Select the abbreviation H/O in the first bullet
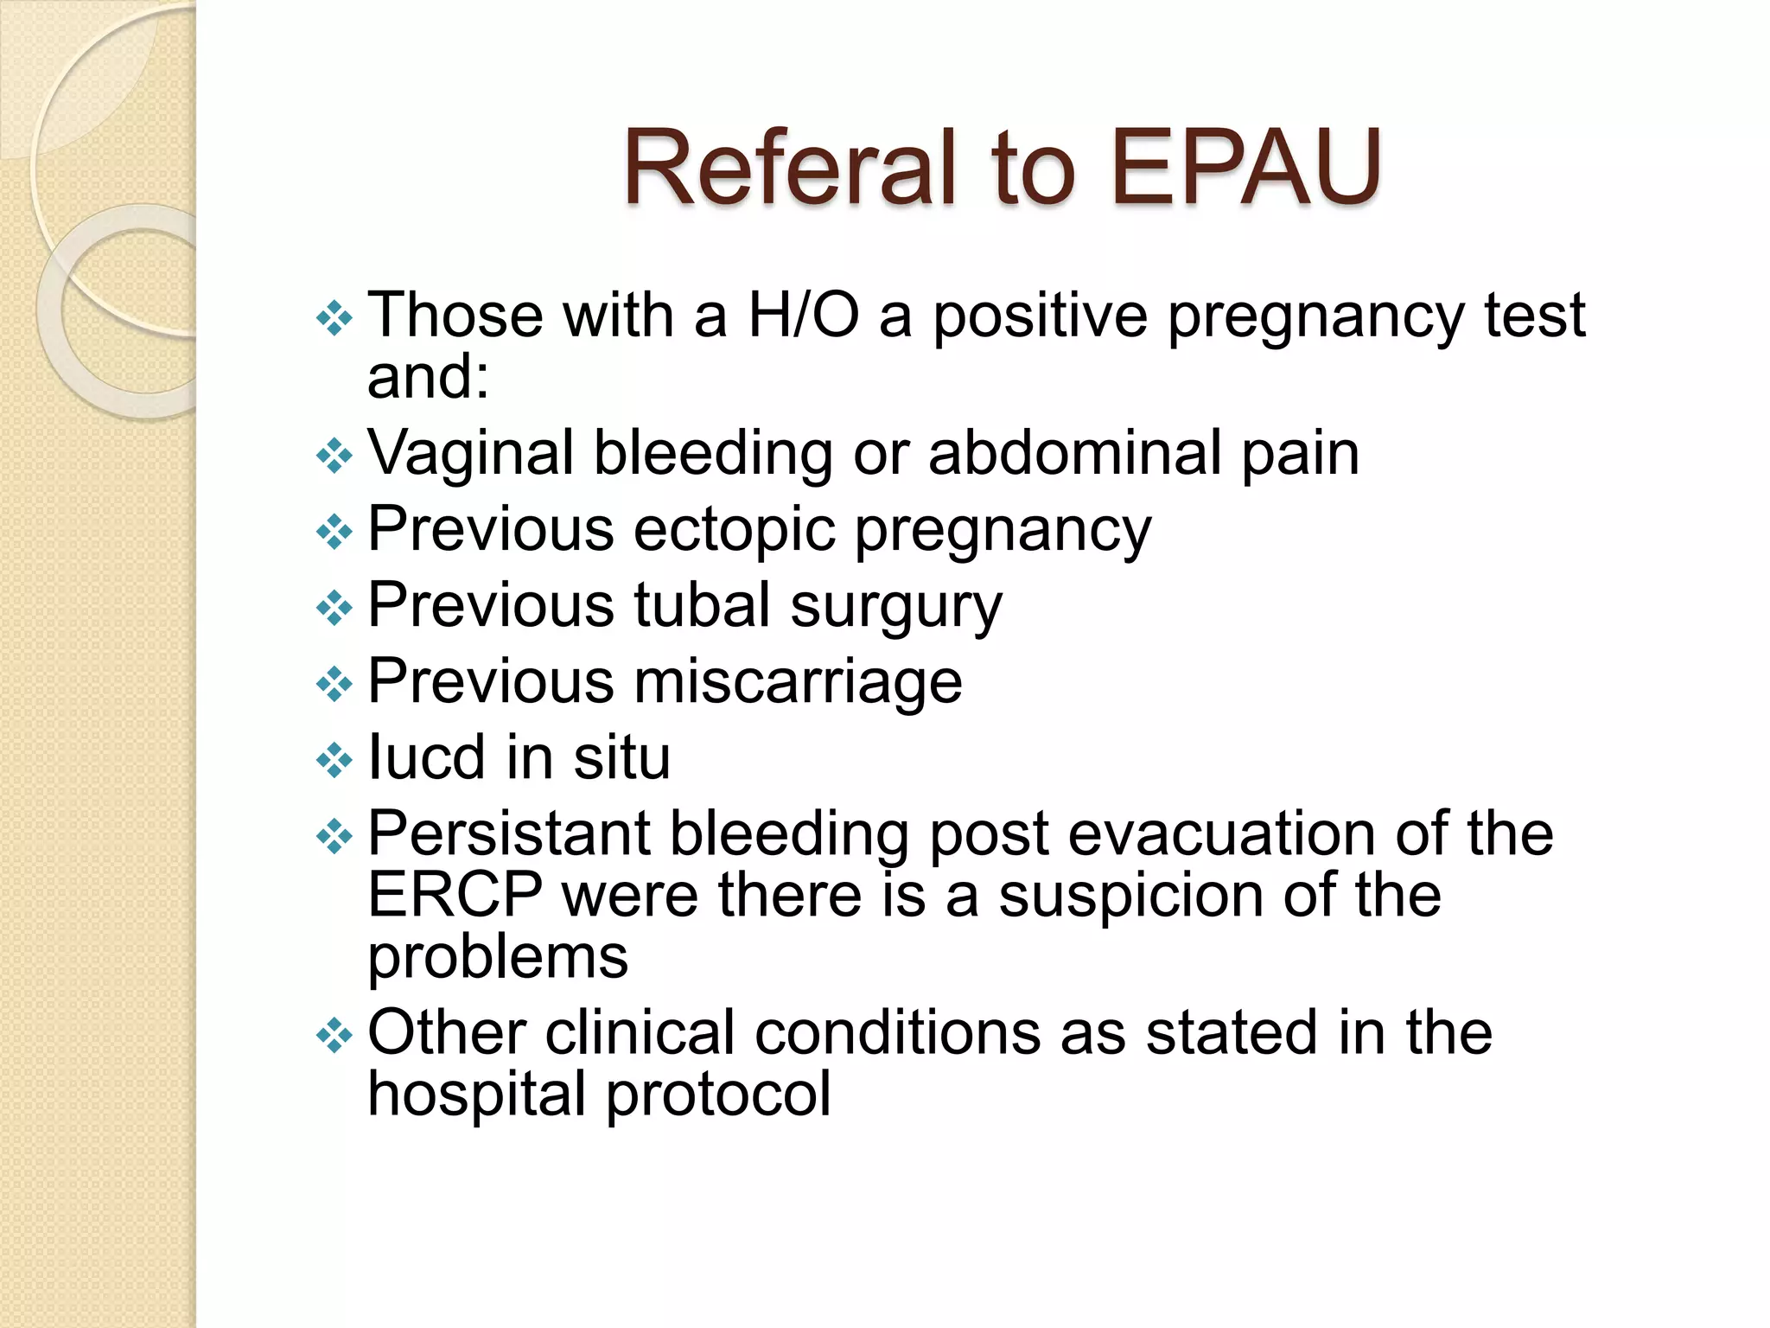click(x=803, y=315)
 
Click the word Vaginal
click(x=470, y=453)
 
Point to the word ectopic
click(x=734, y=529)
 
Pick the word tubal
click(x=702, y=604)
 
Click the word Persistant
click(x=509, y=833)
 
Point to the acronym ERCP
click(x=455, y=895)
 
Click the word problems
click(x=498, y=958)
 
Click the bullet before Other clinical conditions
click(x=334, y=1035)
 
